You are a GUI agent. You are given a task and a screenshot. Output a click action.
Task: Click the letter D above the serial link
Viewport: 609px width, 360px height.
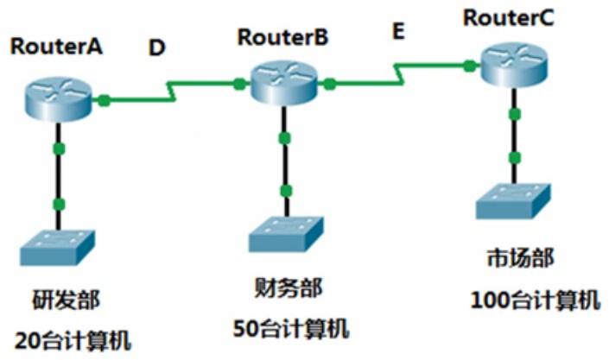click(x=156, y=47)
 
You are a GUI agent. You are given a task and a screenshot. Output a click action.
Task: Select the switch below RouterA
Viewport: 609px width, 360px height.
click(x=60, y=247)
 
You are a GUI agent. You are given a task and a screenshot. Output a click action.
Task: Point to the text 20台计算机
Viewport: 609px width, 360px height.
click(x=73, y=339)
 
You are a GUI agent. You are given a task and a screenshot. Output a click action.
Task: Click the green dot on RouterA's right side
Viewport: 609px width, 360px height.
click(x=104, y=100)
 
